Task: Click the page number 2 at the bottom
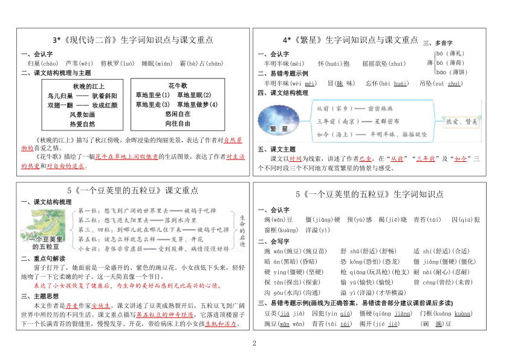254,344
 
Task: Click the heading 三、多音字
438,43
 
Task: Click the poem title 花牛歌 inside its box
178,86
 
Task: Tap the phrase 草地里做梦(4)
196,104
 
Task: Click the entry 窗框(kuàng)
282,230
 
